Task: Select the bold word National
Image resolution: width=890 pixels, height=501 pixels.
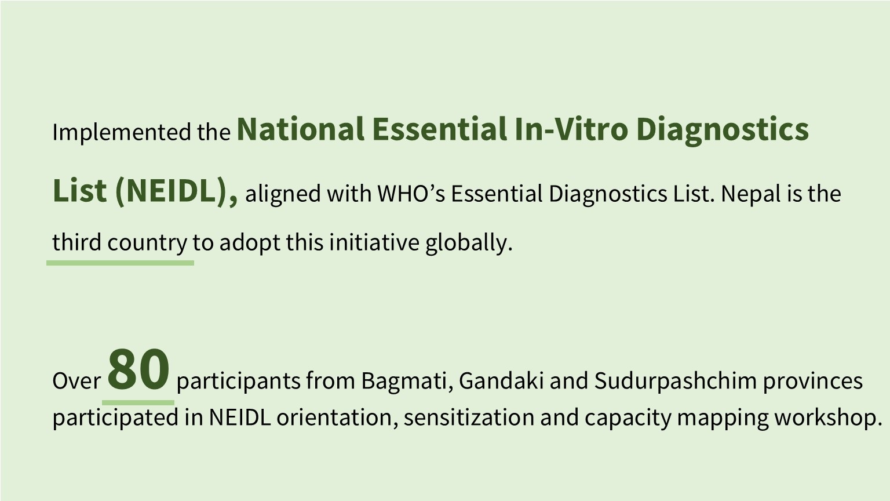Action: [300, 130]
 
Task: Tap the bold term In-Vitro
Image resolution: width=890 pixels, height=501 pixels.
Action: [572, 130]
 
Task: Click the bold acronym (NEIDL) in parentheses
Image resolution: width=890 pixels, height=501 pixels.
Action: [176, 192]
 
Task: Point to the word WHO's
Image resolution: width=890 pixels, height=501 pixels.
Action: [411, 194]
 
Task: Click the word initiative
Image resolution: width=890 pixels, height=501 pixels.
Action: [374, 242]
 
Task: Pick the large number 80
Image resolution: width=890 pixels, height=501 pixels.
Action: [138, 370]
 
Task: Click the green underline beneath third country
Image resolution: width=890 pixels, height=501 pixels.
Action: [120, 263]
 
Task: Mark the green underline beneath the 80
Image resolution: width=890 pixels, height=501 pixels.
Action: [138, 403]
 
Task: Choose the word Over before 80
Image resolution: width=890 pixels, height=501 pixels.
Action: [76, 381]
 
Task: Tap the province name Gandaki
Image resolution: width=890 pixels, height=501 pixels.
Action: [501, 380]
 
